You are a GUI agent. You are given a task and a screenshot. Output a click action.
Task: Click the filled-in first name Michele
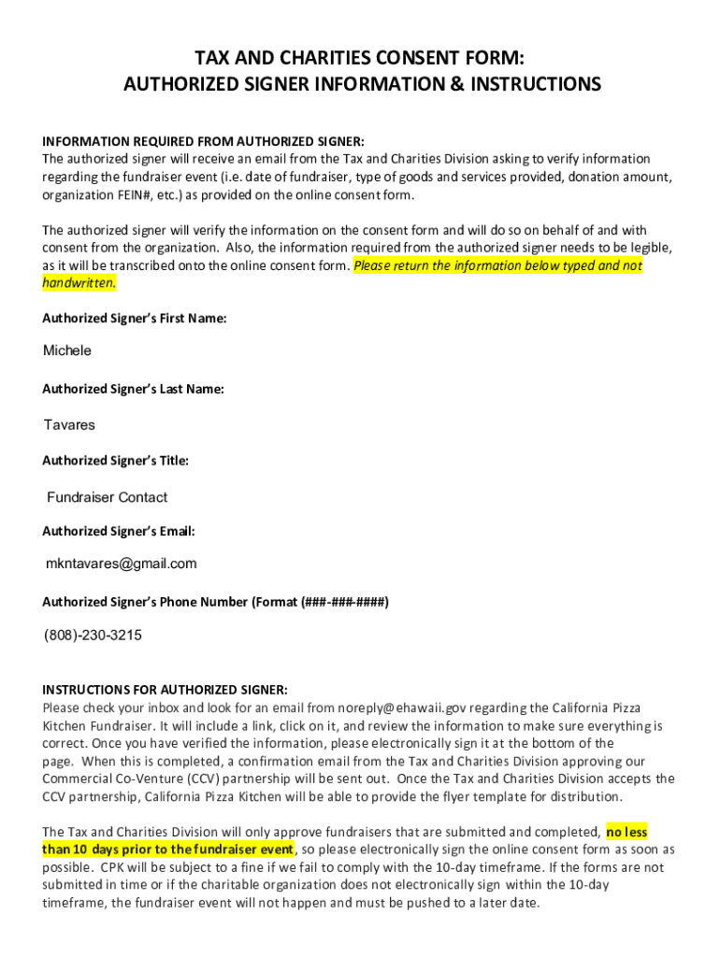[67, 350]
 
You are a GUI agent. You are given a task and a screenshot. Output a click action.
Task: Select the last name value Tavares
[69, 425]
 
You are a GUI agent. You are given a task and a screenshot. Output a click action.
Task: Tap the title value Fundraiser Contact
[108, 497]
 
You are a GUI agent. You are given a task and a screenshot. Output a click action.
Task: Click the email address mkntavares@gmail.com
[122, 564]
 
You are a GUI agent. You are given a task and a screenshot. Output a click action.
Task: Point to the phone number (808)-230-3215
[94, 636]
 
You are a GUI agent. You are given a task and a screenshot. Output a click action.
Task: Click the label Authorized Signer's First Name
[135, 319]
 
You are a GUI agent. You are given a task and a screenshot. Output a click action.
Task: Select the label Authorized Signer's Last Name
[133, 389]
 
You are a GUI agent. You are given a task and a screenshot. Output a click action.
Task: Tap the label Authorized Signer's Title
[116, 461]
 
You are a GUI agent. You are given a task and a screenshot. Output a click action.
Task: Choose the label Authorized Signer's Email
[119, 531]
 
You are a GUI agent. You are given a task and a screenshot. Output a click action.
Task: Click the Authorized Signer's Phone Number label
[215, 602]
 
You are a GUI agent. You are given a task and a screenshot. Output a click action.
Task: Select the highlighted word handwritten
[79, 283]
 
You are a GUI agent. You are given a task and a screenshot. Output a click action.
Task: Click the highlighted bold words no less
[626, 831]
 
